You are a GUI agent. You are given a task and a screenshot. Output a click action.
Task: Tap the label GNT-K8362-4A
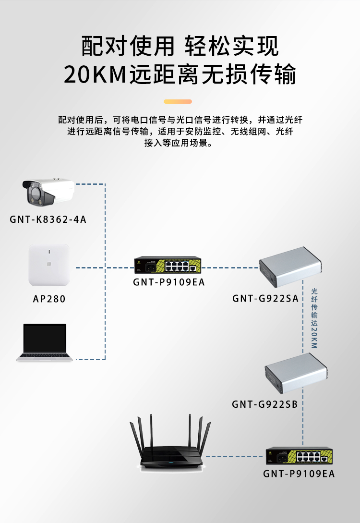tap(48, 220)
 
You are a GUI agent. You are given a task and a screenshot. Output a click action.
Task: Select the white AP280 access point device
tap(49, 265)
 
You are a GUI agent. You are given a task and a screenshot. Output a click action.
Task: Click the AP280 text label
tap(49, 299)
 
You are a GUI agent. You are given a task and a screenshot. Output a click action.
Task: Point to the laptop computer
tap(45, 342)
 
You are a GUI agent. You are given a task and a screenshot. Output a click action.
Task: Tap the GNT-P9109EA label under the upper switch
tap(168, 282)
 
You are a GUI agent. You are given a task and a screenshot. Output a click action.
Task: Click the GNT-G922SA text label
tap(265, 298)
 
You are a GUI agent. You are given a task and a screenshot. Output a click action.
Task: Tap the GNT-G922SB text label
tap(265, 404)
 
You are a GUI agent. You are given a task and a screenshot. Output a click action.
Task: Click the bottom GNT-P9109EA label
tap(299, 474)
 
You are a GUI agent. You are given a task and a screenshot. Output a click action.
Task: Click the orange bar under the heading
tap(178, 102)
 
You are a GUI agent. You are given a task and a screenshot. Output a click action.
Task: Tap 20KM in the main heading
tap(95, 74)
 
